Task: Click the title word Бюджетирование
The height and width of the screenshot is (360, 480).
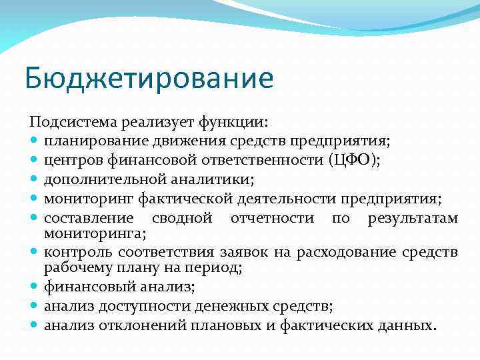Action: coord(149,79)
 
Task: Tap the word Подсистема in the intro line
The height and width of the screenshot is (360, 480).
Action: coord(67,122)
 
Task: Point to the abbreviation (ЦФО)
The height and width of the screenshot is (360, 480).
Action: coord(358,161)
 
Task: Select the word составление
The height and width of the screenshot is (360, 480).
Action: coord(87,219)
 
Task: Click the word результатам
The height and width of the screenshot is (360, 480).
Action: coord(413,219)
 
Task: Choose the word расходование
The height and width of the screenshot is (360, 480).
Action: coord(355,251)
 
